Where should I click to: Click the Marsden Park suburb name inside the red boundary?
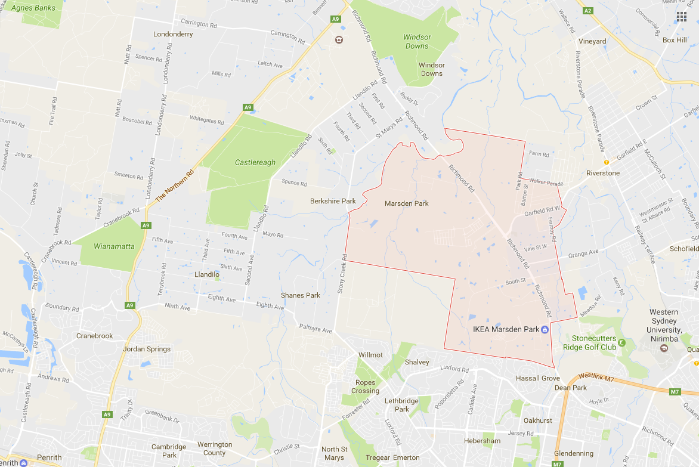[x=407, y=203]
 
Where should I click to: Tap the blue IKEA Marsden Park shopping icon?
[x=545, y=329]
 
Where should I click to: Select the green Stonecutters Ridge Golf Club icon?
[x=621, y=342]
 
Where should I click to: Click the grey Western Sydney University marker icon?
[x=664, y=348]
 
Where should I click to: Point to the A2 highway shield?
[x=588, y=11]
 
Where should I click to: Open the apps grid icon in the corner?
[x=681, y=16]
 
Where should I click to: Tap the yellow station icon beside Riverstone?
[x=607, y=162]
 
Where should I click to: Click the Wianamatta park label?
[x=114, y=246]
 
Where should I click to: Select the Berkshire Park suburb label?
[x=333, y=201]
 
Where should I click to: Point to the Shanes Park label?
[x=301, y=295]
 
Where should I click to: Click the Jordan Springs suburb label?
[x=146, y=349]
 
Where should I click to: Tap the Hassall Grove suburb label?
[x=538, y=378]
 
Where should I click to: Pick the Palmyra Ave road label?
[x=316, y=329]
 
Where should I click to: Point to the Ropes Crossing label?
[x=365, y=386]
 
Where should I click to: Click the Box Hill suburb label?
[x=675, y=40]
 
